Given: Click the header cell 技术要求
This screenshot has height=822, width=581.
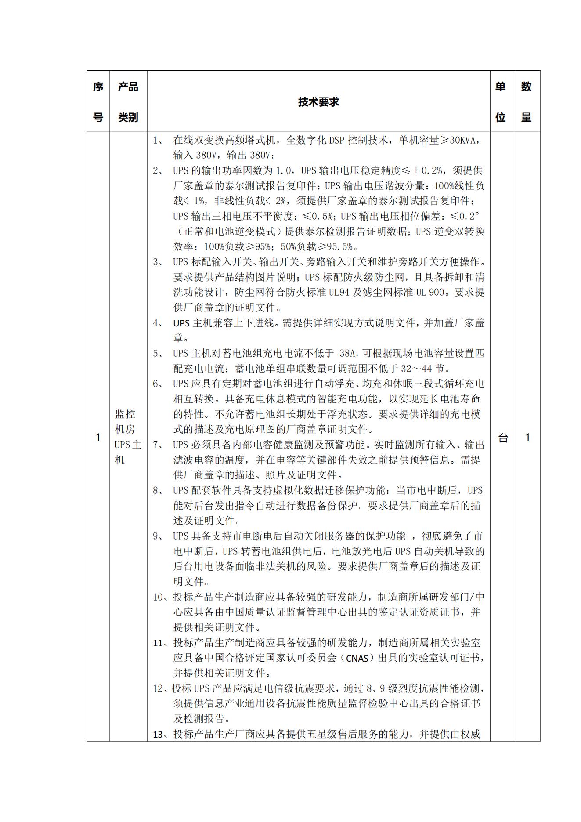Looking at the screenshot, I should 318,102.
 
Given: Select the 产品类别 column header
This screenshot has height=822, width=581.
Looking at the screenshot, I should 128,102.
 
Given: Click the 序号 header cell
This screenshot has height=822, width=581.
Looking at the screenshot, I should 98,102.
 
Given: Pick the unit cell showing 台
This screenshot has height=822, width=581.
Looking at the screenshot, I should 503,438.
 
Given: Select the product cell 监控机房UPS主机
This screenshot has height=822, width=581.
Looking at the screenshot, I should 128,437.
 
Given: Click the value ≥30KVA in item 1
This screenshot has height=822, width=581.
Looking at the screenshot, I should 455,141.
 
